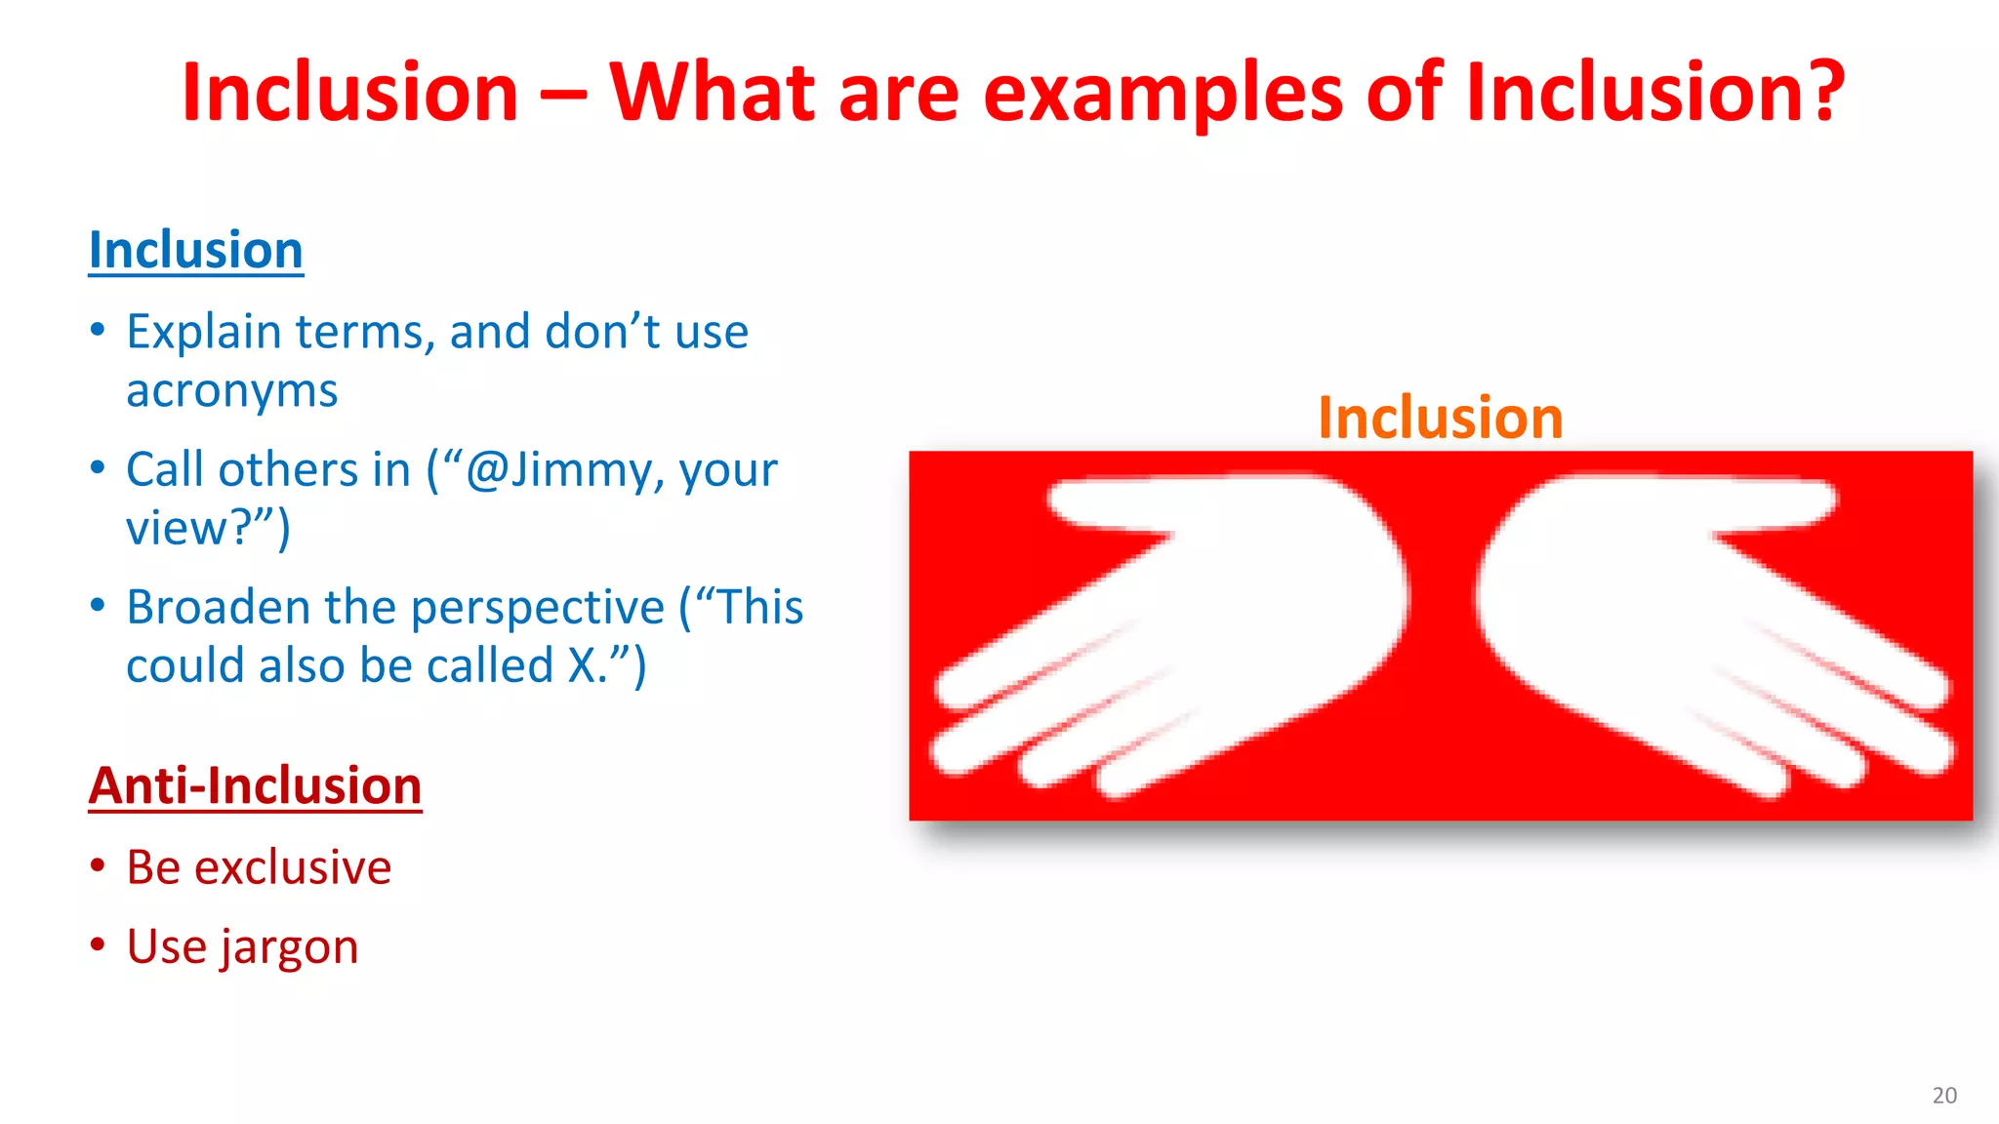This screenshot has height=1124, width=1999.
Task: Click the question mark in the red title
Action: click(x=1816, y=92)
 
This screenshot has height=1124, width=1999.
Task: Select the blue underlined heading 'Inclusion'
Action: click(x=196, y=250)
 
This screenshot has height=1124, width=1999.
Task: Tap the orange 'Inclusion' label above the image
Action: click(x=1440, y=418)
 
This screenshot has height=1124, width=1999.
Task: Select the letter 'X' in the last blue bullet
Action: click(x=583, y=666)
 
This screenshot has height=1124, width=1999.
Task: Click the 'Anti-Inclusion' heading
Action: click(x=255, y=785)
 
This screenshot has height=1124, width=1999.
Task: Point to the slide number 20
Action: click(x=1943, y=1095)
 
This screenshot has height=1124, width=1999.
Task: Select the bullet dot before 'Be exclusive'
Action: click(x=98, y=865)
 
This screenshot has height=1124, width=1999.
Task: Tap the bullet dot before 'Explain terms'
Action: click(x=98, y=330)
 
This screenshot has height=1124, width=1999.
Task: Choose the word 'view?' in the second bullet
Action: click(x=190, y=529)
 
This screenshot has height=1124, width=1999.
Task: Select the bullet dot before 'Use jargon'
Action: click(x=98, y=944)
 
